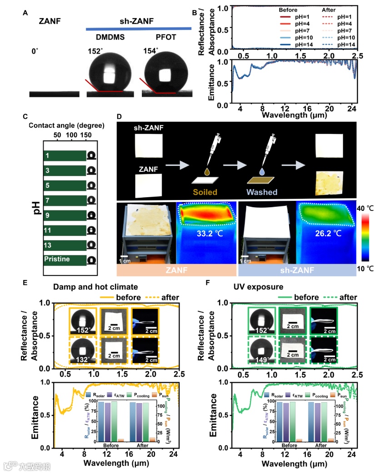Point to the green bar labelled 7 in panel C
65,200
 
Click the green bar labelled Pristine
65,260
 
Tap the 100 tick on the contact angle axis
71,135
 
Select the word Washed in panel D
263,192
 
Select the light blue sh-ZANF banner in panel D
297,271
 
